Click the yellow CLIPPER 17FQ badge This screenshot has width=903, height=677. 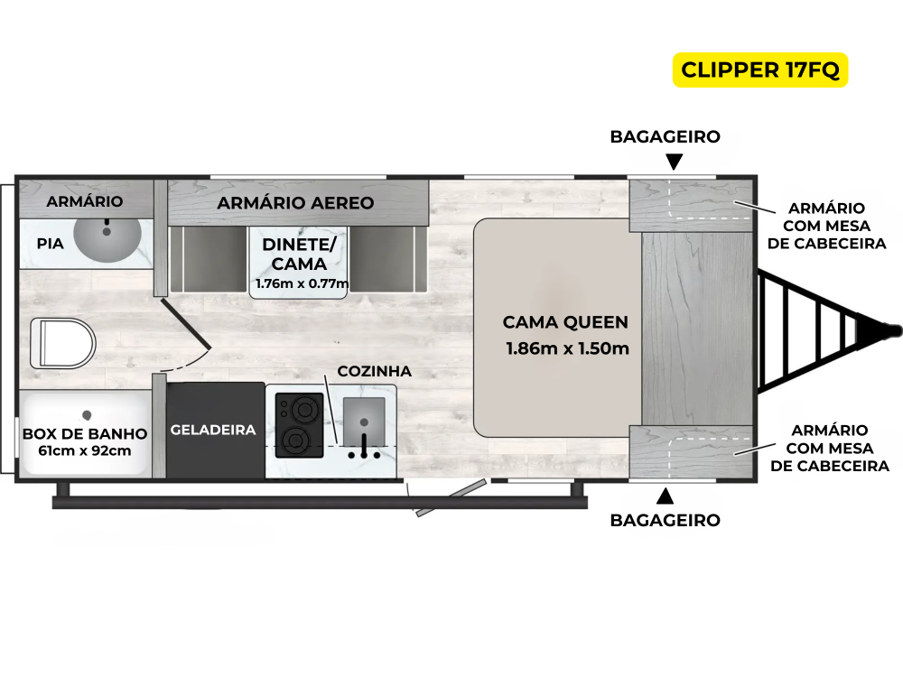point(760,70)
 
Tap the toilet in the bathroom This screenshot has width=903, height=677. point(62,343)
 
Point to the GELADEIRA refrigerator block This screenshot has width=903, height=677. point(214,430)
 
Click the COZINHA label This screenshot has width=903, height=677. point(374,371)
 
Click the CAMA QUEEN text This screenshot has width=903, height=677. point(565,322)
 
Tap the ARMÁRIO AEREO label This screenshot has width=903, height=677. point(295,203)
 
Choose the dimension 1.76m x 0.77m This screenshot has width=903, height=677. point(302,283)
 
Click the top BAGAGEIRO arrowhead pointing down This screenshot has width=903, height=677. point(675,162)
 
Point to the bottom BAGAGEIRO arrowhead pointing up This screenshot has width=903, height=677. point(666,496)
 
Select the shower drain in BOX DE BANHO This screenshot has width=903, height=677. point(86,415)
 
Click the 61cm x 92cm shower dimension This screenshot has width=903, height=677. point(85,450)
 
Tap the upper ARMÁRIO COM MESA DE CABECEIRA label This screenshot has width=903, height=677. point(832,226)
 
